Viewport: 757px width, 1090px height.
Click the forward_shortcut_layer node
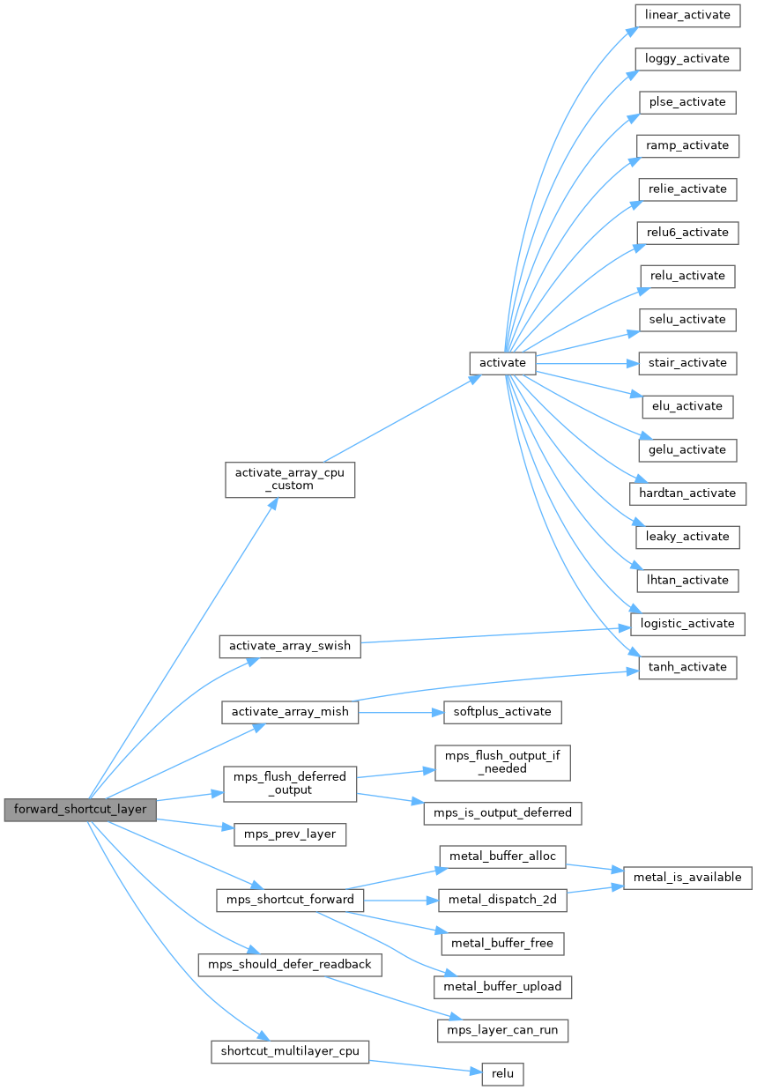pyautogui.click(x=80, y=810)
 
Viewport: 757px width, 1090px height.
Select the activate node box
pyautogui.click(x=502, y=363)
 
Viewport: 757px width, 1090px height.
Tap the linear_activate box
pyautogui.click(x=686, y=15)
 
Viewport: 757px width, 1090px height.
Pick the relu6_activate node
pyautogui.click(x=686, y=233)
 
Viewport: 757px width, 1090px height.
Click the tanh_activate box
pyautogui.click(x=686, y=667)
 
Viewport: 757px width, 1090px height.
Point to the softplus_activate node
pyautogui.click(x=501, y=711)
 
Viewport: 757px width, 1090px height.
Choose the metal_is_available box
pyautogui.click(x=687, y=878)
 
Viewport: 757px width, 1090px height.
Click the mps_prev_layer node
pyautogui.click(x=290, y=834)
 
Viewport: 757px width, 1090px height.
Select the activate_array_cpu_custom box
pyautogui.click(x=290, y=478)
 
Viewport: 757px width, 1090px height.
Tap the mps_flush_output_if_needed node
pyautogui.click(x=502, y=762)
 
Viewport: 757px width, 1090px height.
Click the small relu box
pyautogui.click(x=502, y=1073)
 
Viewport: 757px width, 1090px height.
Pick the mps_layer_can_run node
pyautogui.click(x=502, y=1029)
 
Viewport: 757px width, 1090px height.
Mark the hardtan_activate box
pyautogui.click(x=687, y=493)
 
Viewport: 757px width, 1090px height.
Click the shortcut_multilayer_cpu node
pyautogui.click(x=290, y=1051)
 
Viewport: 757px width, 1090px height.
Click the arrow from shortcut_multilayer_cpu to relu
pyautogui.click(x=423, y=1066)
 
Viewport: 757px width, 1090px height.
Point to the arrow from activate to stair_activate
pyautogui.click(x=582, y=363)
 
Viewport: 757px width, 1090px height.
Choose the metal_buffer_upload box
pyautogui.click(x=502, y=986)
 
